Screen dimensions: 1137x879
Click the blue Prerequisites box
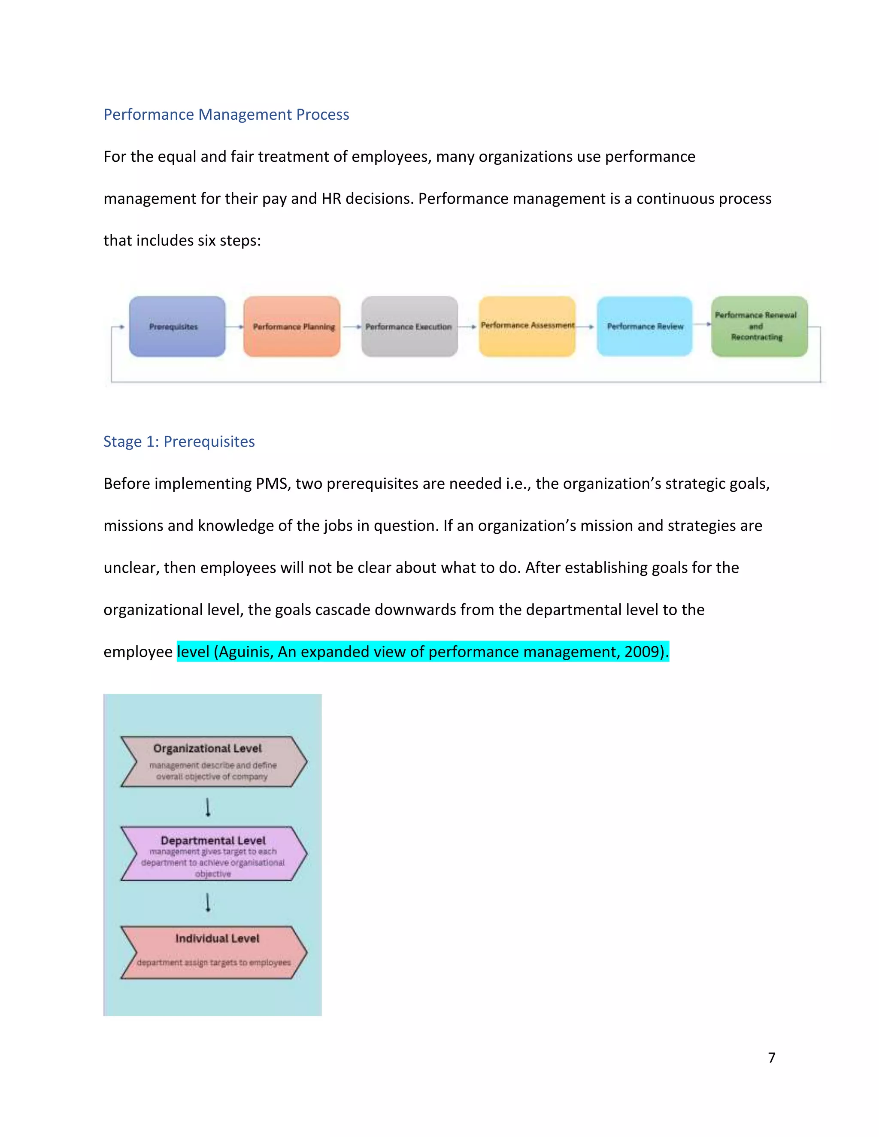177,327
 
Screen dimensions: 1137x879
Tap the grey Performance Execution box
409,327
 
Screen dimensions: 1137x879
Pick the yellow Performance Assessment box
527,327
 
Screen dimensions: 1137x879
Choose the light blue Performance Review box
645,327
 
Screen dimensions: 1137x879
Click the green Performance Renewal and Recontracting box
759,327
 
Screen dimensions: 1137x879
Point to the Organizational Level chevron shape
213,761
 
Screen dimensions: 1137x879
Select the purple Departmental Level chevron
213,854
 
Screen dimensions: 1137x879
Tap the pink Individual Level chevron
213,952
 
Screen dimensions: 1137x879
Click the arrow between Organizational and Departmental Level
208,807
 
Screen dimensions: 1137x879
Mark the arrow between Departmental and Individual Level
208,902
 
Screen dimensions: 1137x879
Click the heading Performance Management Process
226,115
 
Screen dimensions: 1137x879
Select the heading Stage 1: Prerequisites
179,441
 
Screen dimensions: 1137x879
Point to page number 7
771,1057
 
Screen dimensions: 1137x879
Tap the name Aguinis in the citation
246,652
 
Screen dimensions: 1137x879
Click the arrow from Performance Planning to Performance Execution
351,327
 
